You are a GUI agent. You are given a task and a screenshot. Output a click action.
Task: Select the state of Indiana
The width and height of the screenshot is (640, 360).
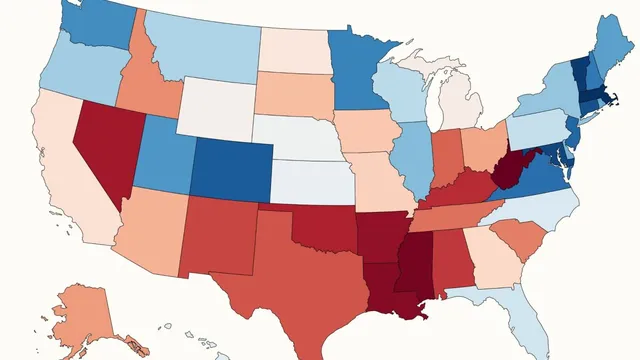tap(445, 155)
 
